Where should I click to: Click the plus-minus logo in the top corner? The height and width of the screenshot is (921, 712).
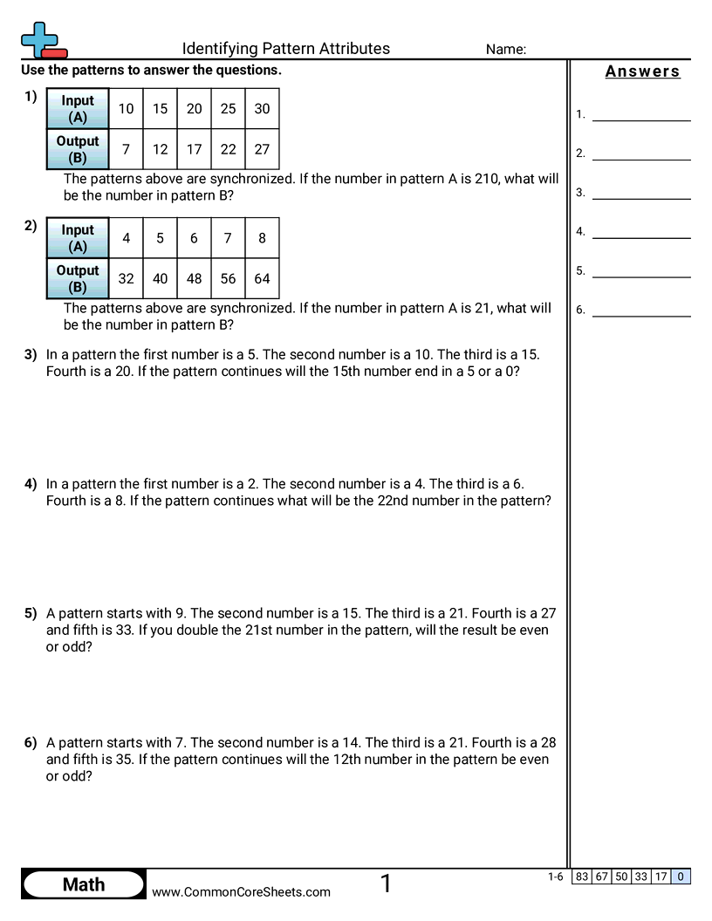42,40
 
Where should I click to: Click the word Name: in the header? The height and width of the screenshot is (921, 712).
506,50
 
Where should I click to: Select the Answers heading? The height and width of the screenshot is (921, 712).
642,72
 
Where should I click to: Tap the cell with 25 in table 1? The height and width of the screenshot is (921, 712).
229,109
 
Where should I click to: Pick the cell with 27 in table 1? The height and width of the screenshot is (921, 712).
262,149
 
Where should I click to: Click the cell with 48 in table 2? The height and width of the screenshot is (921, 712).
194,279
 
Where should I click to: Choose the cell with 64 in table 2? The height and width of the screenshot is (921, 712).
262,279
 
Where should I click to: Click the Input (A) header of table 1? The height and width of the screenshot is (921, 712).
78,109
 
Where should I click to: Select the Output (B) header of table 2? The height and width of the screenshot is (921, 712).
78,279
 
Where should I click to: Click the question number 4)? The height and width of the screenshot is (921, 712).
31,484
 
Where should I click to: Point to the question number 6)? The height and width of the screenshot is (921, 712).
31,743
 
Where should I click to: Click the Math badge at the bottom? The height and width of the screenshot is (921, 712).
84,884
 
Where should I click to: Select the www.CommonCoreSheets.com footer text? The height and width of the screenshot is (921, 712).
241,891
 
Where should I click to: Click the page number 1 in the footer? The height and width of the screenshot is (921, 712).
386,884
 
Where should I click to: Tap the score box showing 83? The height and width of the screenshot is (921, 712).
582,877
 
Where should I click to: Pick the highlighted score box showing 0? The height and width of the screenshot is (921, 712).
681,877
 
